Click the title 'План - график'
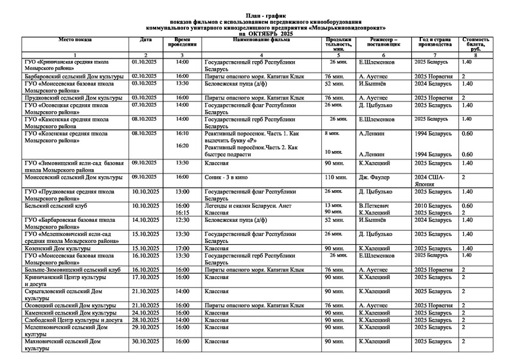pos(254,15)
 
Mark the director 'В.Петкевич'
pos(375,205)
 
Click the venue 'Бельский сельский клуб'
pos(53,205)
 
